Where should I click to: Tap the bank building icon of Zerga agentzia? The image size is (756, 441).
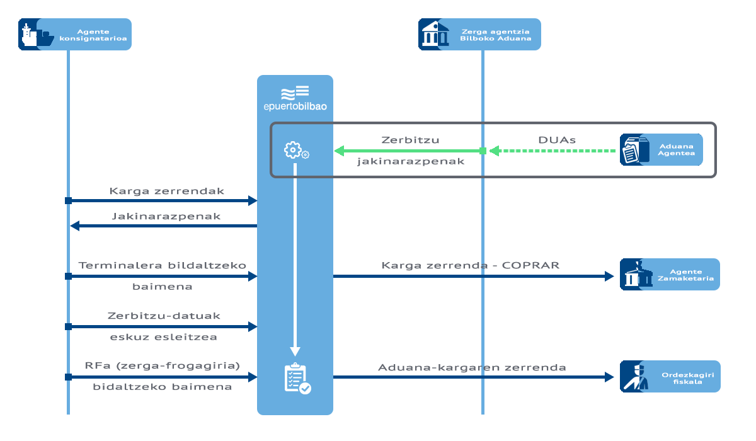point(435,35)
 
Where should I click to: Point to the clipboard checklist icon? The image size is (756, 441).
point(296,378)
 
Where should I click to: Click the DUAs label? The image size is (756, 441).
point(556,140)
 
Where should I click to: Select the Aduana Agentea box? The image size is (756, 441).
point(661,149)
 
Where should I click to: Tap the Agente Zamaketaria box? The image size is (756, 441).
point(669,274)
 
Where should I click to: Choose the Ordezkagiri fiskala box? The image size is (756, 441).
point(669,376)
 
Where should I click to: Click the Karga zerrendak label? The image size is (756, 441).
point(166,191)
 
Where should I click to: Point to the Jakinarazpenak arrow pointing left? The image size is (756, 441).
point(164,226)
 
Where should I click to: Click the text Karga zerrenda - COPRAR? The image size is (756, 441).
point(470,265)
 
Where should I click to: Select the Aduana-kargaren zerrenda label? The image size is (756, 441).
point(472,367)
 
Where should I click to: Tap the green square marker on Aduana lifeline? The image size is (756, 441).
point(483,151)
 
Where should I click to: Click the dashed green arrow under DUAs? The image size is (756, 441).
point(554,151)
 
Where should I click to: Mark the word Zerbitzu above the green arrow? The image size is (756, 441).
point(410,140)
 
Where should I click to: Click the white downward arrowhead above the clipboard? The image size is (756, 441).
point(295,351)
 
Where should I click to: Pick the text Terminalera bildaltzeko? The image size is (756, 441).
point(162,265)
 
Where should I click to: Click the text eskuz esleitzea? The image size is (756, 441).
point(163,337)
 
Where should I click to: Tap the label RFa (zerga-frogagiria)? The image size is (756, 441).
point(162,366)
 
